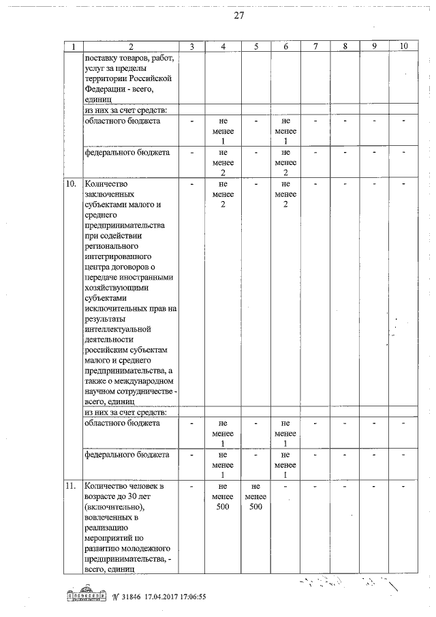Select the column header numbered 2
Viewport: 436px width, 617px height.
click(129, 46)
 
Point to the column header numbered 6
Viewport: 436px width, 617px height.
click(285, 46)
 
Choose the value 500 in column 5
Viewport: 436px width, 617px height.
click(255, 507)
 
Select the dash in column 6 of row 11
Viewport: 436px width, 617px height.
click(285, 486)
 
